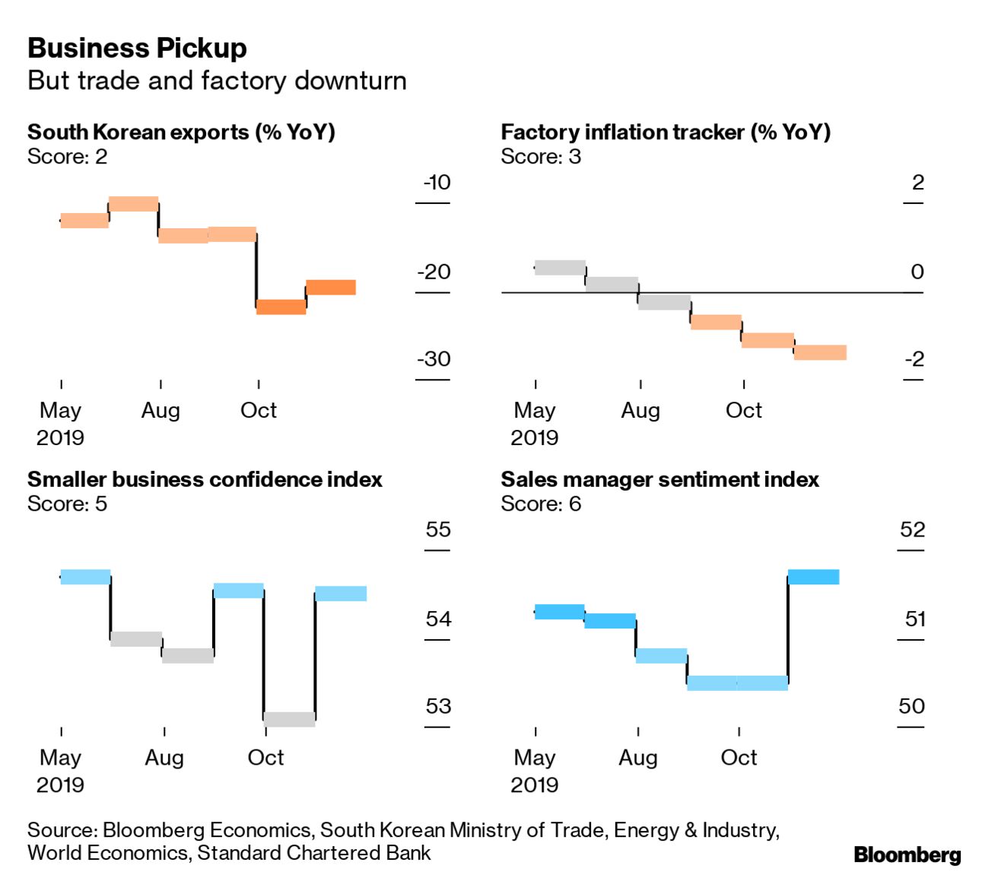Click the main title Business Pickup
point(137,49)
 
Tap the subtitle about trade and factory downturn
point(217,81)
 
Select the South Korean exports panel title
point(181,132)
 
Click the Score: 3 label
point(541,157)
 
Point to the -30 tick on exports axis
point(434,359)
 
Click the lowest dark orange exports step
point(281,307)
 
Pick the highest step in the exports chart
point(133,204)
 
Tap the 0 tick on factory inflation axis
point(917,272)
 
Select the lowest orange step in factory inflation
point(820,352)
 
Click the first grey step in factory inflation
point(561,267)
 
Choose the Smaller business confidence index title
point(205,479)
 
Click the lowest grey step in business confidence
point(289,719)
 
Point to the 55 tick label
point(438,530)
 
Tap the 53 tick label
point(438,706)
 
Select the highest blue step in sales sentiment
point(813,577)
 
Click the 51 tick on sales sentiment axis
point(915,619)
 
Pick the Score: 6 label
point(541,504)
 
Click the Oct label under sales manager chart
point(739,758)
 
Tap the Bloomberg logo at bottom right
point(907,854)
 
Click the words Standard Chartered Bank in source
point(313,853)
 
